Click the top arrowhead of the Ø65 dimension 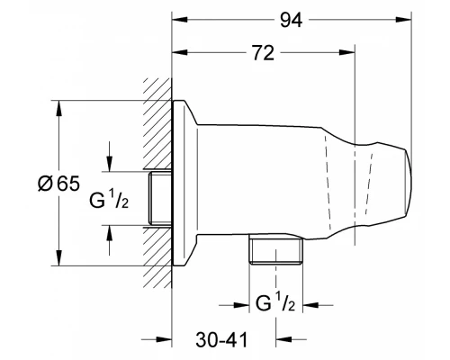(x=59, y=104)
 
